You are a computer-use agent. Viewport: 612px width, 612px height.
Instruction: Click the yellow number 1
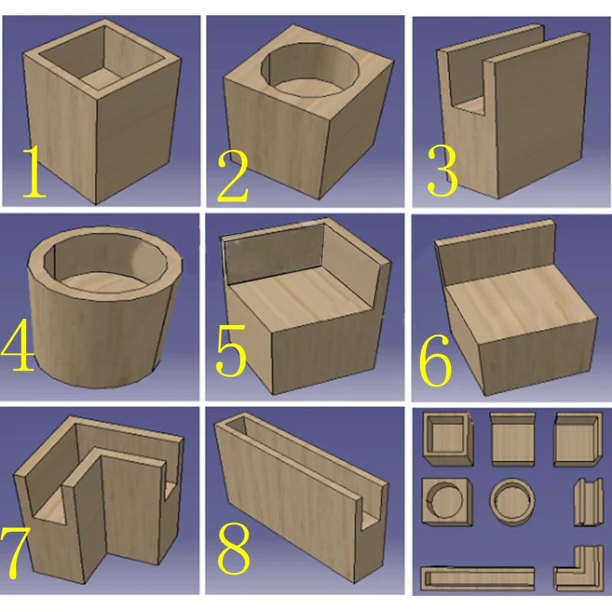tap(35, 171)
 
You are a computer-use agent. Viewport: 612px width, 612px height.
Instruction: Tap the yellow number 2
tap(233, 177)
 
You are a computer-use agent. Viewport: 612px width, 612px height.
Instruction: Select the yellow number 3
tap(442, 171)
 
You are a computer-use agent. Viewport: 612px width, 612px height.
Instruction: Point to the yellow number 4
tap(17, 343)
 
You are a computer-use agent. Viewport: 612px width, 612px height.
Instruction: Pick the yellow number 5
tap(231, 351)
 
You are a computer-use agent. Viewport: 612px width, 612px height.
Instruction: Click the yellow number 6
tap(435, 360)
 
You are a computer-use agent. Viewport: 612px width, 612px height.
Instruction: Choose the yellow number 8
tap(233, 549)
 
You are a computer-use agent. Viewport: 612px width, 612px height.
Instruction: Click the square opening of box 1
tap(101, 59)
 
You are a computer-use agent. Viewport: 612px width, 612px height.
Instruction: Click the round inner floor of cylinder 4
tap(105, 282)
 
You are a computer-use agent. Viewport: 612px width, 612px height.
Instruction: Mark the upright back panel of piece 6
tap(496, 253)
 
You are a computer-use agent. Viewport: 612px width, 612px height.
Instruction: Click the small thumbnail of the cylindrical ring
tap(512, 501)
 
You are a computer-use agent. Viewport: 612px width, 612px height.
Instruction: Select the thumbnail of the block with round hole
tap(447, 501)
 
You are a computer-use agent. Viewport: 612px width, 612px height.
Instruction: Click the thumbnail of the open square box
tap(448, 438)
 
